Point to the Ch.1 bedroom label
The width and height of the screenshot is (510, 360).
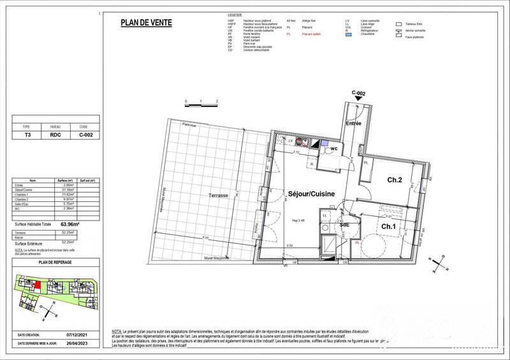pos(390,227)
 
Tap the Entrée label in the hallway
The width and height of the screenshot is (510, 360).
pos(354,123)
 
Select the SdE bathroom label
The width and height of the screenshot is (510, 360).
pos(344,225)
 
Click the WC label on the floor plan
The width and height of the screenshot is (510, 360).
pos(333,148)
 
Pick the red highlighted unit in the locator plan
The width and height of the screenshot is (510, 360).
pos(37,286)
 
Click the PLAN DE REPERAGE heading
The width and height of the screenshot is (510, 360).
pos(54,262)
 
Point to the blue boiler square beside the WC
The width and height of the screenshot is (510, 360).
pos(325,143)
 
